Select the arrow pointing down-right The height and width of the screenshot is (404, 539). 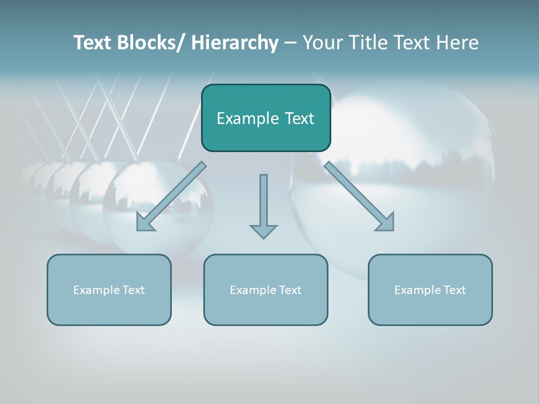[x=359, y=196]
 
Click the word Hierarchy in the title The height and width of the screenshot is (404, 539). [x=235, y=43]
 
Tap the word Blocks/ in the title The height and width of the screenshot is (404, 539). [x=151, y=43]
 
